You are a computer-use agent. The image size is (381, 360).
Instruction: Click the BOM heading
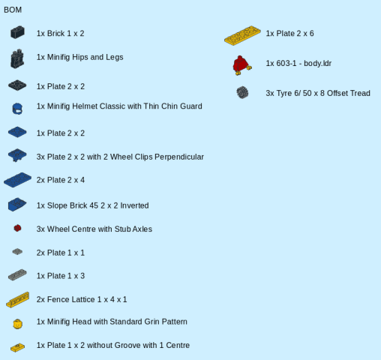coord(13,10)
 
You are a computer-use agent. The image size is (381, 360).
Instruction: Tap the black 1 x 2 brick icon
coord(17,32)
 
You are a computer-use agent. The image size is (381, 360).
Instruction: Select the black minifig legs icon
coord(17,58)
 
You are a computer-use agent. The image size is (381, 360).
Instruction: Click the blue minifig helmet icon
coord(17,109)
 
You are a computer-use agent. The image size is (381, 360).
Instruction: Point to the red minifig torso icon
coord(241,65)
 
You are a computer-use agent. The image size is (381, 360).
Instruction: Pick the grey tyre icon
coord(242,92)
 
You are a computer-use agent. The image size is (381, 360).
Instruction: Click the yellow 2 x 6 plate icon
coord(242,35)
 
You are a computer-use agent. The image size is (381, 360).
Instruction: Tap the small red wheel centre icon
coord(17,228)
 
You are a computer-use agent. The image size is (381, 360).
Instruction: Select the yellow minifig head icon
coord(17,324)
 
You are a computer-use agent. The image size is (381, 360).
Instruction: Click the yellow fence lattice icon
coord(18,299)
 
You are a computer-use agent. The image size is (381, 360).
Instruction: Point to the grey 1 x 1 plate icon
coord(17,252)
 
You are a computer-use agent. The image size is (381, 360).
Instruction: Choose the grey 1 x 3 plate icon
coord(17,274)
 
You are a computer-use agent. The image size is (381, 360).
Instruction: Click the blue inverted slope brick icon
coord(17,205)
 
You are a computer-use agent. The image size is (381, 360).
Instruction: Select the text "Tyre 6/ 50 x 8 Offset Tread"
coord(323,93)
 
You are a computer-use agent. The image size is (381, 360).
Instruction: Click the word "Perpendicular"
coord(179,157)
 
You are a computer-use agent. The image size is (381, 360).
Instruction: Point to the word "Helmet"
coord(85,106)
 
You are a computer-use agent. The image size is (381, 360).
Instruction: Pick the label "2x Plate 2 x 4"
coord(61,180)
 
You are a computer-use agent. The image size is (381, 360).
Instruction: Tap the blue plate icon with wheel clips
coord(17,155)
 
